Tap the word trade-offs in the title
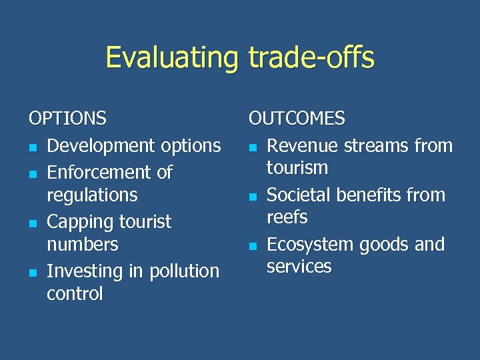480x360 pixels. click(311, 57)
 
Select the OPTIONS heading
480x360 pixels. click(67, 119)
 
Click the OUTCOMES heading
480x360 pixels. click(297, 119)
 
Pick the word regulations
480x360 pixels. click(91, 195)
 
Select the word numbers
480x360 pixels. click(82, 245)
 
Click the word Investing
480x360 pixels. click(79, 271)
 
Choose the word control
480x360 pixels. click(75, 293)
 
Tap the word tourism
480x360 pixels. click(297, 168)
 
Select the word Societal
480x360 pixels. click(299, 195)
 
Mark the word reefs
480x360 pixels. click(287, 217)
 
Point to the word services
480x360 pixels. click(299, 267)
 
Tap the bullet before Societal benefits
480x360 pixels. click(253, 197)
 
